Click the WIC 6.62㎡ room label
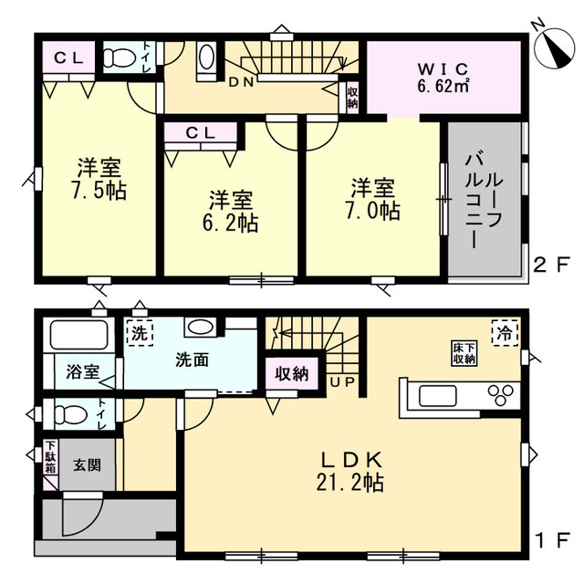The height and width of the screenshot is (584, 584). click(443, 78)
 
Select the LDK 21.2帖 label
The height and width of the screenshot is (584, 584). click(350, 472)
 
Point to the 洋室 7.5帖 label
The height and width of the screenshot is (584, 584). click(99, 179)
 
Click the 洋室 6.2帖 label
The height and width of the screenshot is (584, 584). click(230, 211)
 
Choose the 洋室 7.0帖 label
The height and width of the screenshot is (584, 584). click(373, 199)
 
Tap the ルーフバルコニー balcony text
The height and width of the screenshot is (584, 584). click(485, 202)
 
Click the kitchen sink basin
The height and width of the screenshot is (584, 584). click(438, 396)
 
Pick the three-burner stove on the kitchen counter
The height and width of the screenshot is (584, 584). click(501, 395)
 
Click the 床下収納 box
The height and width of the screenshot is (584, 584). click(464, 353)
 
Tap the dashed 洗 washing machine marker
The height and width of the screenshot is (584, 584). click(140, 333)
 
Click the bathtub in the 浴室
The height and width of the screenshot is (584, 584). click(79, 335)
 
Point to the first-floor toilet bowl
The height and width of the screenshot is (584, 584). click(71, 413)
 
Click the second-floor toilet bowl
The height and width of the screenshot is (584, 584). click(119, 57)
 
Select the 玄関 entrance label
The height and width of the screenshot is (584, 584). click(88, 465)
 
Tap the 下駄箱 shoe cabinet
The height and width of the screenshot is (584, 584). click(51, 457)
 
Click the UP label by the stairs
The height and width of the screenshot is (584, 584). click(342, 382)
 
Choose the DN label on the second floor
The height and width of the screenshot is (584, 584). click(241, 82)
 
